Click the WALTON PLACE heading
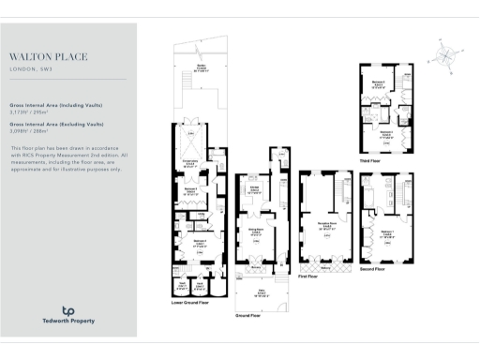[49, 57]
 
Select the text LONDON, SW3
[31, 69]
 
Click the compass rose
[444, 52]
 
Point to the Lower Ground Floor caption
[190, 303]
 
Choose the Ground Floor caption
[248, 315]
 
